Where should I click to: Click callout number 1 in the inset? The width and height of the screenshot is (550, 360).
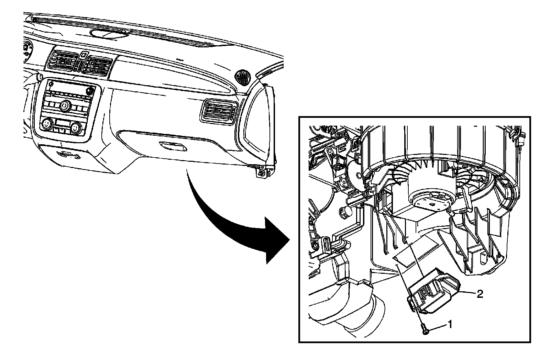click(x=450, y=324)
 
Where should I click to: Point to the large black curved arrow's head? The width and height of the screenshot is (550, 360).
click(x=275, y=240)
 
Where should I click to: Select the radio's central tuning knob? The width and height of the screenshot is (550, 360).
click(x=64, y=105)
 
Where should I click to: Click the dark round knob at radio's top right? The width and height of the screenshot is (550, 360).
click(x=90, y=91)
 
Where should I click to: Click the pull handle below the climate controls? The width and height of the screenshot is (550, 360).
click(x=69, y=154)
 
